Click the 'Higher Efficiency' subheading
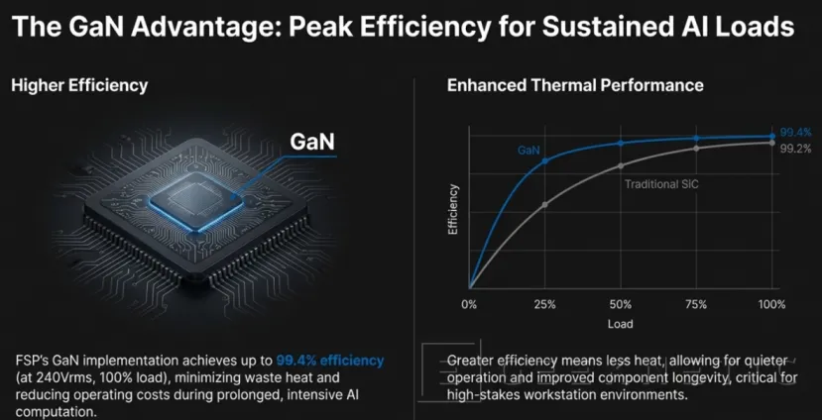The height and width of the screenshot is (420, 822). coord(79,85)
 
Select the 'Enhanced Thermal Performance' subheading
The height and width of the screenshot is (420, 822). coord(575,85)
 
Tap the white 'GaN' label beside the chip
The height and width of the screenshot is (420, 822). coord(311,142)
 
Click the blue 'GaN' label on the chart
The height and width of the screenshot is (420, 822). coord(528,151)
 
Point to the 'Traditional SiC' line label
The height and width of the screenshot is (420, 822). coord(661,184)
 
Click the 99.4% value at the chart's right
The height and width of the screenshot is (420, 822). coord(795,131)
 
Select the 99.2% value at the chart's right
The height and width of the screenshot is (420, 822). coord(795,149)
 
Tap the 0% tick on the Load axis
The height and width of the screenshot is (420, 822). coord(470,302)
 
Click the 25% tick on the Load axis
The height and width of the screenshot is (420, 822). coord(544,302)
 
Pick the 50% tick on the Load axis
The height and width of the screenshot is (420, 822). coord(621,302)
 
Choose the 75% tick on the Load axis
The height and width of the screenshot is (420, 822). coord(696,302)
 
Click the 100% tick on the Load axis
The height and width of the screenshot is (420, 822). coord(771,302)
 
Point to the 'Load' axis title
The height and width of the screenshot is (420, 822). coord(620,324)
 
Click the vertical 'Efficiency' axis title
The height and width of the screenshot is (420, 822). coord(453,209)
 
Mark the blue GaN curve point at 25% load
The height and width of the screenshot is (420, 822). coord(544,160)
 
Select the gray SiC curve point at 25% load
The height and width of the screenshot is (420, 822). coord(544,204)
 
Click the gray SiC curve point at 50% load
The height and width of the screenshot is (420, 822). coord(621,165)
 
